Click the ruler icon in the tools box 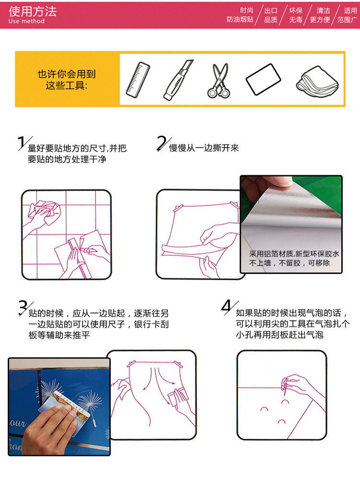coord(138,80)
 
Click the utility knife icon coord(178,80)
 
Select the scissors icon coord(218,80)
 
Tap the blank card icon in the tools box coord(263,79)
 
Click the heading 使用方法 coord(33,12)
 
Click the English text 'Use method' coord(26,21)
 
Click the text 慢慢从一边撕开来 coord(204,148)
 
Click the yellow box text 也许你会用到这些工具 coord(66,79)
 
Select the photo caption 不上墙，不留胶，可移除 coord(289,263)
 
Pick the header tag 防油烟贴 coord(240,20)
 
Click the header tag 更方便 coord(320,20)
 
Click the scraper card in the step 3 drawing coord(176,396)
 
